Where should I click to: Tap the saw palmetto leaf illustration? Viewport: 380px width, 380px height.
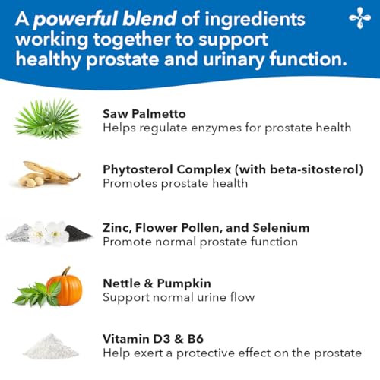tap(47, 119)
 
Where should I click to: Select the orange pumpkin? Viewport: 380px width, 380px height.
tap(64, 287)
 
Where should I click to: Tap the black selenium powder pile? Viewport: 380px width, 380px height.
tap(78, 233)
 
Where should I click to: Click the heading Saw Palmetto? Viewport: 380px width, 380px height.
tap(141, 113)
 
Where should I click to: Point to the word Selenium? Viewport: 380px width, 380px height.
tap(282, 227)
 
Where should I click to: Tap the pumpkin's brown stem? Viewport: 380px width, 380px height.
tap(66, 271)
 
